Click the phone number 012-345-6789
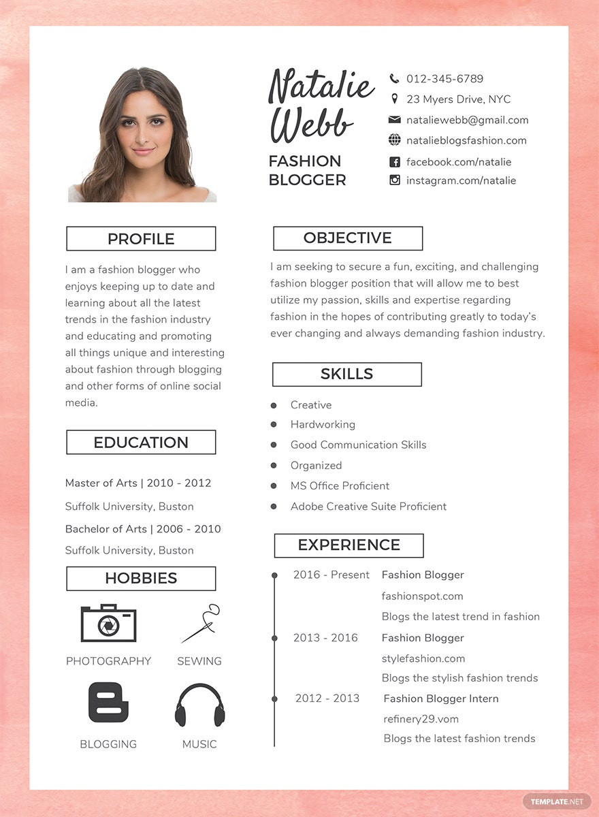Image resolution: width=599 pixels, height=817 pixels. [444, 79]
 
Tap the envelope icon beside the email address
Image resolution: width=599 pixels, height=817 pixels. [394, 120]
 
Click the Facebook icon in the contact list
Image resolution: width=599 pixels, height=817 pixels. [394, 162]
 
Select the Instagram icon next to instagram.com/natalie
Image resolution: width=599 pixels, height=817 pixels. [394, 180]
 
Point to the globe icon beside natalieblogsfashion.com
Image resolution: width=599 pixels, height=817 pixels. [394, 140]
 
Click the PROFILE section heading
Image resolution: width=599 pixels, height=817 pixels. [141, 239]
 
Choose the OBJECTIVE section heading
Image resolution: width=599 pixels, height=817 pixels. [348, 238]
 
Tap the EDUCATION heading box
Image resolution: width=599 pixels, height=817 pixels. [141, 443]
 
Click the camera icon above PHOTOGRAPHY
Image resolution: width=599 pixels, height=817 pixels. [108, 623]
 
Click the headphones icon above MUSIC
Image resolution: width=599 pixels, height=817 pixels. [199, 705]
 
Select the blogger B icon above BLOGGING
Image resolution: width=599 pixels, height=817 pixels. [108, 703]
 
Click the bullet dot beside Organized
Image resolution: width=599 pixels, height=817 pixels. [274, 466]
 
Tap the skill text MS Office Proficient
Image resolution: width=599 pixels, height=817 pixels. [340, 486]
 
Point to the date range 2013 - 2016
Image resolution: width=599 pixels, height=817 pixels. [325, 638]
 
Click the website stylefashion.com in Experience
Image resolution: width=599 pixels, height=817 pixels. [423, 658]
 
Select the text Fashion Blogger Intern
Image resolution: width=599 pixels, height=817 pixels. [441, 699]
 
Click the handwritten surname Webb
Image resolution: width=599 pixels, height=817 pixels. [312, 125]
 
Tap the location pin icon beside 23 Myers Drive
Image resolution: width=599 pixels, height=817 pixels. [394, 99]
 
